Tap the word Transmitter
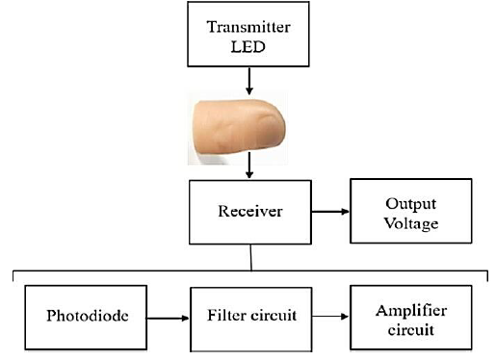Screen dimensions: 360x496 pos(250,27)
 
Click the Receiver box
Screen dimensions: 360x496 pos(250,211)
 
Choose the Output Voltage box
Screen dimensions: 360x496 pos(410,211)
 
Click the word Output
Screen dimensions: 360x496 pos(410,203)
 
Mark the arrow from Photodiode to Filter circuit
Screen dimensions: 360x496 pos(170,315)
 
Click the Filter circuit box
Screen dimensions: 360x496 pos(250,315)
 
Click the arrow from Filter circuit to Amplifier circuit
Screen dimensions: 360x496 pos(331,315)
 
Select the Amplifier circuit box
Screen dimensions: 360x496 pos(410,315)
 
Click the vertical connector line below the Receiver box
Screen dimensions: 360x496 pos(251,258)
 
